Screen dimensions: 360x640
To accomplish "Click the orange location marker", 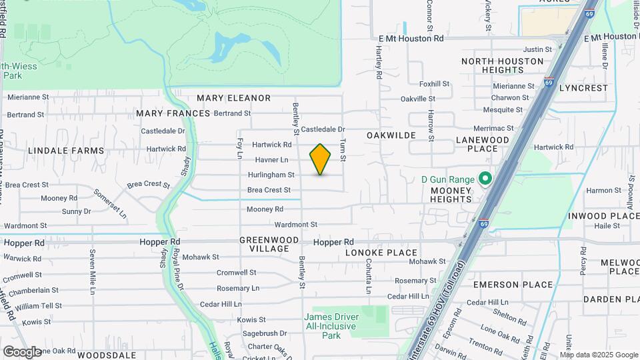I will click(320, 159).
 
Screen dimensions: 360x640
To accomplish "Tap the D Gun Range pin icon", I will click(485, 179).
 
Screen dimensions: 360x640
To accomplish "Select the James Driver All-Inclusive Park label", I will click(331, 326).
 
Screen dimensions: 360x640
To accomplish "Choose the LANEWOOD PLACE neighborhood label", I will click(482, 144).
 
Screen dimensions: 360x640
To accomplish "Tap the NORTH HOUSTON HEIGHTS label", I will click(502, 65).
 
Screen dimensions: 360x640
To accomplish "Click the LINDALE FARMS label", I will click(66, 151).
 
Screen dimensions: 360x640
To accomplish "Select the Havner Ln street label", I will click(271, 160).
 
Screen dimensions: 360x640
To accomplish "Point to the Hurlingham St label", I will click(271, 175).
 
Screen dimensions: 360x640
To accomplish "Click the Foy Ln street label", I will click(239, 148).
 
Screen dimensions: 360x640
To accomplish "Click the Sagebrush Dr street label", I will click(265, 333).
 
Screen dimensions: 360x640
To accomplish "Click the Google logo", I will click(22, 351).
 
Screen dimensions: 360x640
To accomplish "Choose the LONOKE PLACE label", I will click(381, 253).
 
